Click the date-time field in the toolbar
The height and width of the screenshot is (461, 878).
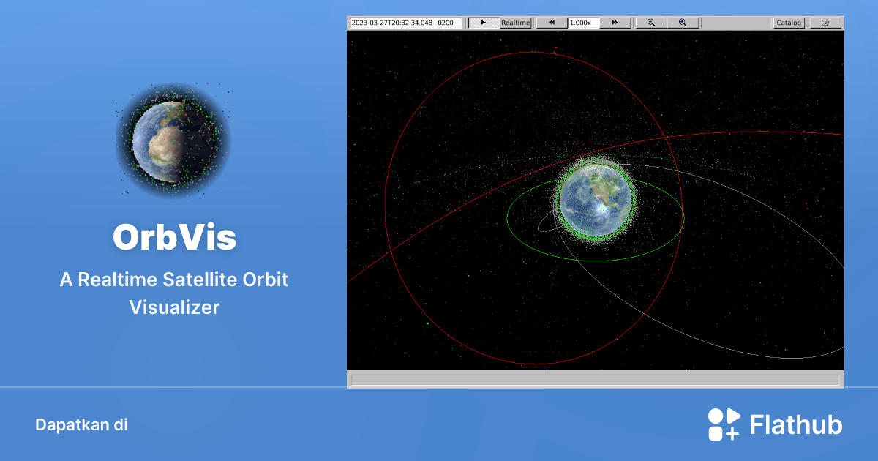[x=405, y=23]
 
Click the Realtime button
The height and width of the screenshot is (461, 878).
[x=515, y=23]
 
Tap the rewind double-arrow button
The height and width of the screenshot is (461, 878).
[x=552, y=23]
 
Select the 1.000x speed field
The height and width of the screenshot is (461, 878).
[x=582, y=23]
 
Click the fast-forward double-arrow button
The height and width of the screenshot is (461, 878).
[x=615, y=23]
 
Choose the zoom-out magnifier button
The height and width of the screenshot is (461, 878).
[x=651, y=23]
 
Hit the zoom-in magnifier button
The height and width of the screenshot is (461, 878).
[x=683, y=23]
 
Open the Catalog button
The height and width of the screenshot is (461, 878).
[x=789, y=23]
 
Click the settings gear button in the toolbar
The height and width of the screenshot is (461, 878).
[x=825, y=23]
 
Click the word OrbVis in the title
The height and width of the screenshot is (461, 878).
[x=174, y=238]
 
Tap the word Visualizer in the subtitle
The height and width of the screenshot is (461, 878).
[x=174, y=308]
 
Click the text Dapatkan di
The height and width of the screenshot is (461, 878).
[x=81, y=424]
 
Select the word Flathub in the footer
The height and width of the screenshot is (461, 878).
[x=796, y=425]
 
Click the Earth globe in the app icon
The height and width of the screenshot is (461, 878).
[x=173, y=140]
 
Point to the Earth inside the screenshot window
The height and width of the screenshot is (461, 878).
[x=595, y=198]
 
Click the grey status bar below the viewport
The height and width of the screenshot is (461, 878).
[x=595, y=379]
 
